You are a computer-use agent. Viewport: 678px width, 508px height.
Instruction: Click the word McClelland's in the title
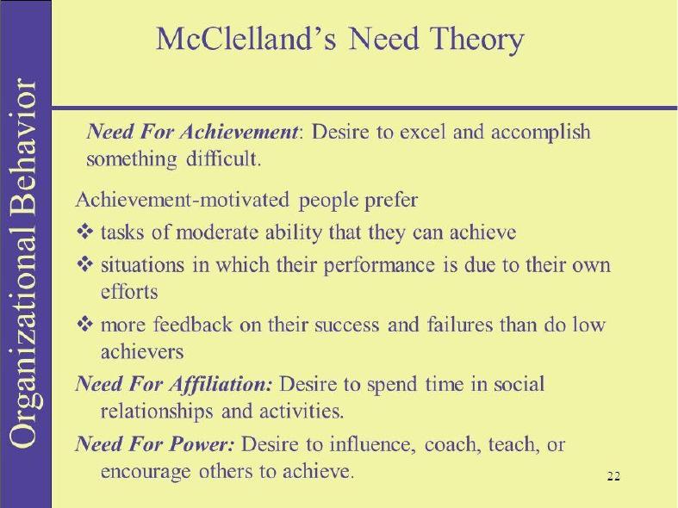click(x=246, y=39)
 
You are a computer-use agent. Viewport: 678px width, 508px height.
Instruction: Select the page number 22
click(x=613, y=476)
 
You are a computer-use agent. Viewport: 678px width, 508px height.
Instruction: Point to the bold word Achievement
click(x=239, y=132)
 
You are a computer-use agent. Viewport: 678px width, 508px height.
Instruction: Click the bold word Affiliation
click(x=221, y=384)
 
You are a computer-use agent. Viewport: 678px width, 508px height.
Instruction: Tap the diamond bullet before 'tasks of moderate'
click(x=85, y=232)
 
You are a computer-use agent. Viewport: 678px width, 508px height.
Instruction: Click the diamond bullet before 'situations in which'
click(x=85, y=264)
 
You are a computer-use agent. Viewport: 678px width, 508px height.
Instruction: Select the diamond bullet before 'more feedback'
click(x=85, y=324)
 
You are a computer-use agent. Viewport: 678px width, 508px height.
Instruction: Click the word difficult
click(x=223, y=158)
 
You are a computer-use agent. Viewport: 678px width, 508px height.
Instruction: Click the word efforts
click(x=129, y=291)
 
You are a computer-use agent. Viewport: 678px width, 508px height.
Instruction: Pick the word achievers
click(x=142, y=351)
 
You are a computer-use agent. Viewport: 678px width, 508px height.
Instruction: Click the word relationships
click(x=157, y=412)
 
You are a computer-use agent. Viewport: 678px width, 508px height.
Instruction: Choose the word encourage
click(x=146, y=472)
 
